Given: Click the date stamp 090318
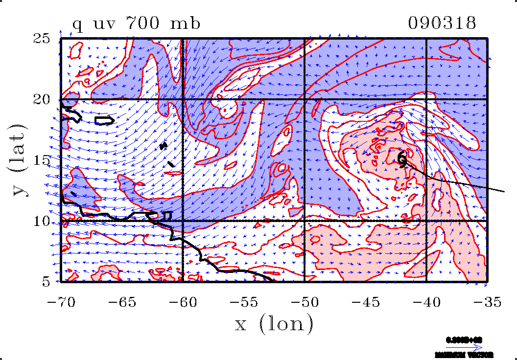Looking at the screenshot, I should pos(442,23).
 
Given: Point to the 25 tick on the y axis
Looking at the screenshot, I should pos(47,38).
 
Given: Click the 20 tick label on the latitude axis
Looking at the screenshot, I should pos(47,99).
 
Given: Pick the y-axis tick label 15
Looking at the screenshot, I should pos(47,160).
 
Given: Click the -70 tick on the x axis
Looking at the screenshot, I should pos(61,302).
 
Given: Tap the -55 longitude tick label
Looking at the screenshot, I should pos(244,302).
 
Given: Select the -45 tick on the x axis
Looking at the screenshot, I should pos(365,302).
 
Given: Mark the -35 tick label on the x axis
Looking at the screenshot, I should pos(487,302).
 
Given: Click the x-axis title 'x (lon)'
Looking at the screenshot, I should pos(274,324).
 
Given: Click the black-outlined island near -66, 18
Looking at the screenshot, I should pos(104,120).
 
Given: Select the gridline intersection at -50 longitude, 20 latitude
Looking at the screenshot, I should pos(304,99).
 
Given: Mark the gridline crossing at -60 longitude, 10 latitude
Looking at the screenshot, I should pos(182,221).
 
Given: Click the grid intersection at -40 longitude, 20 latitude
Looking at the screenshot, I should pos(426,99).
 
